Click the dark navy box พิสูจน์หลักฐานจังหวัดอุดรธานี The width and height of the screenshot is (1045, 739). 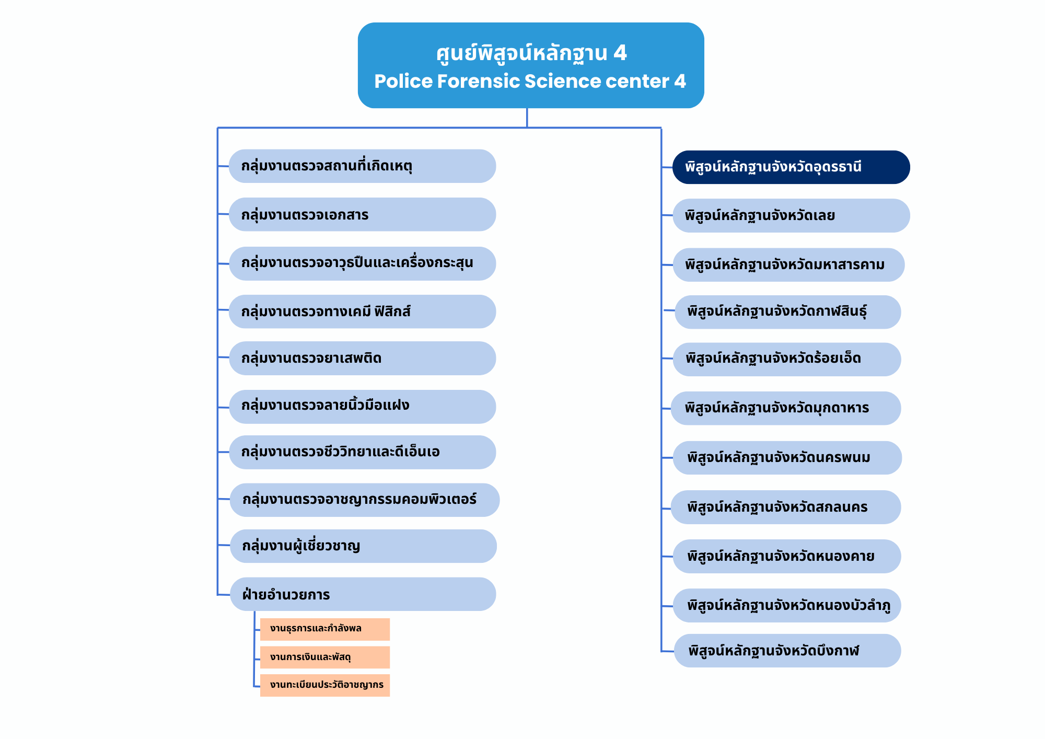[x=791, y=167]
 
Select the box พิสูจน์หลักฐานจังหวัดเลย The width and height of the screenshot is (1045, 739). [x=791, y=215]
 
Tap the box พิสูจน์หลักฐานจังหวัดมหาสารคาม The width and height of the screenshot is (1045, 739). [x=788, y=265]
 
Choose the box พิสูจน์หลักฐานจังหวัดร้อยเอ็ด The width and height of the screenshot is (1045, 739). [x=786, y=359]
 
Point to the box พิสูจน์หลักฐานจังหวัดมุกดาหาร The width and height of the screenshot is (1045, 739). [x=786, y=408]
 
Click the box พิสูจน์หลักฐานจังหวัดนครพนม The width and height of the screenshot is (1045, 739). [x=787, y=458]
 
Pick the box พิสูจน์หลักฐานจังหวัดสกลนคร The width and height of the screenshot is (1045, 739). [x=786, y=507]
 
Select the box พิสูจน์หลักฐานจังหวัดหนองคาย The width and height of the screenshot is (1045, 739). [x=786, y=556]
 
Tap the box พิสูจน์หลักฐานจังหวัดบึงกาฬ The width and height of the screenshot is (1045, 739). [x=787, y=651]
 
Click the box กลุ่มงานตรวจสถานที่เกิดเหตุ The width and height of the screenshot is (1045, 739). [x=362, y=166]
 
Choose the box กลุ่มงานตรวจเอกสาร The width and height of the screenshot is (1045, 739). [x=362, y=214]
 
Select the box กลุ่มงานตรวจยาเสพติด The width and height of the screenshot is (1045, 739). [x=362, y=358]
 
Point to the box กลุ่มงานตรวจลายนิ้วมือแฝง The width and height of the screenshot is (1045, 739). [x=362, y=406]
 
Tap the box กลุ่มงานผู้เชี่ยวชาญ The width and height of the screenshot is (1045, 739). [x=363, y=546]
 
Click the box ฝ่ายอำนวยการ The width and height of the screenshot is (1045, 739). [x=363, y=594]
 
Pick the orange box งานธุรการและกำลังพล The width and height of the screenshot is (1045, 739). [x=324, y=629]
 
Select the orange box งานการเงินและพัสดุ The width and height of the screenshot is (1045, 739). [x=324, y=657]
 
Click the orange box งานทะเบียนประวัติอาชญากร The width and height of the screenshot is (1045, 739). [x=324, y=685]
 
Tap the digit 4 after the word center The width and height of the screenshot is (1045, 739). [x=679, y=82]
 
